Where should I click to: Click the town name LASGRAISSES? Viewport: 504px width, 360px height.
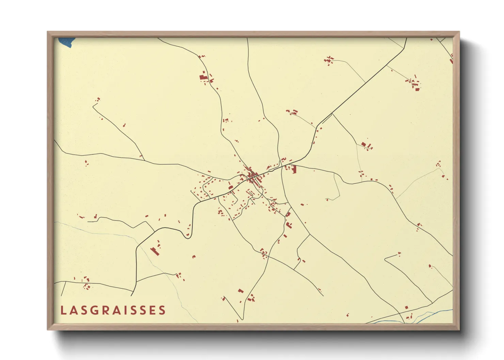113,310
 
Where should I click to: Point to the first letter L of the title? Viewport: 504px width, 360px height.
63,310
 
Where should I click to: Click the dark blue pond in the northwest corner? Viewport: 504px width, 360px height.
66,42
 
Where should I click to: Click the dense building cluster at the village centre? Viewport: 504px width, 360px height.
252,176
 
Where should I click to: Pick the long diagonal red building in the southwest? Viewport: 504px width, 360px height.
155,251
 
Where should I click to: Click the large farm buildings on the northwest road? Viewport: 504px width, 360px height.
204,77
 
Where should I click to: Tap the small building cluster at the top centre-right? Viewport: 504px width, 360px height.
329,61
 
